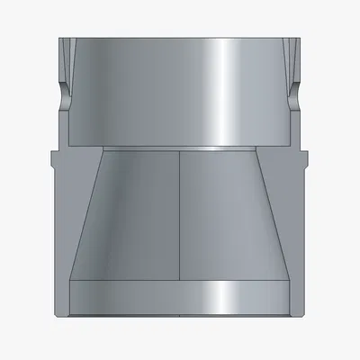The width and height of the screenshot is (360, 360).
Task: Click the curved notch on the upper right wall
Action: [x=296, y=91]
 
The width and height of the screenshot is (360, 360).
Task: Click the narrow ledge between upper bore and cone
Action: [x=180, y=146]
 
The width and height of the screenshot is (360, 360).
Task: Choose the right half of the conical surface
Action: [x=225, y=216]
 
